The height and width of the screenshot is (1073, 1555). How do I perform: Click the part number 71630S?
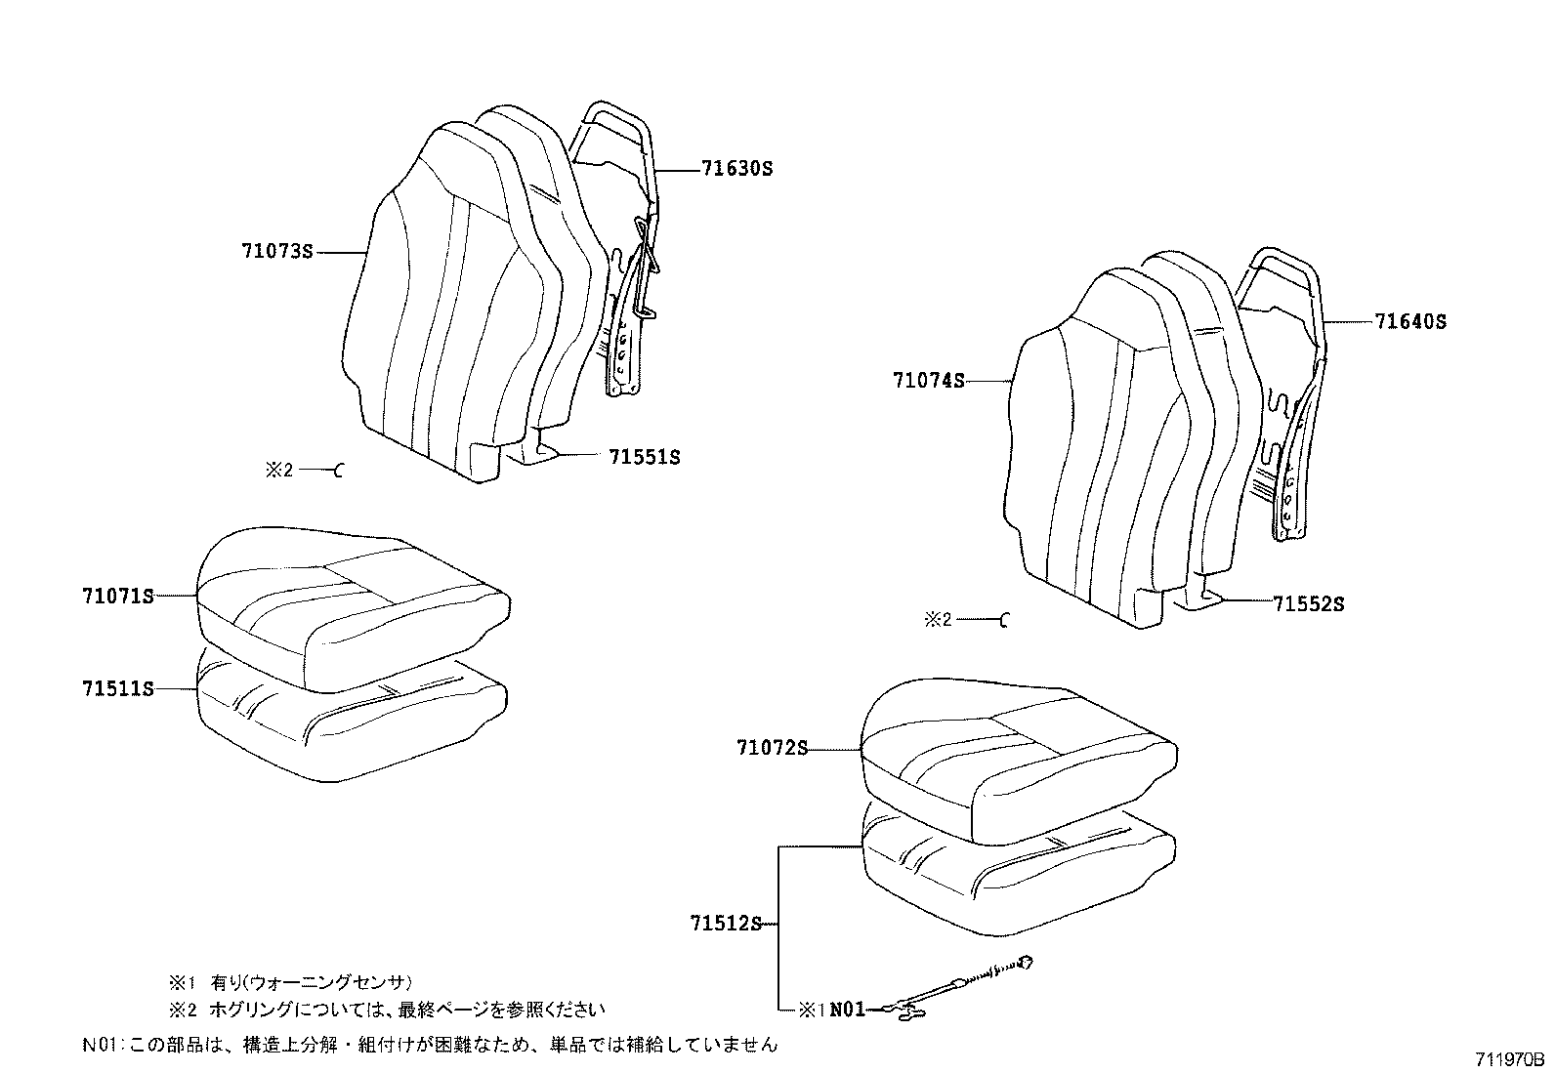tap(736, 169)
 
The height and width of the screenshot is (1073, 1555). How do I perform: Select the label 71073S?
tap(277, 252)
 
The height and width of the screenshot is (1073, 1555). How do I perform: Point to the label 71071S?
tap(118, 595)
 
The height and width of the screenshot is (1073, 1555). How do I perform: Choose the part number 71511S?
tap(118, 688)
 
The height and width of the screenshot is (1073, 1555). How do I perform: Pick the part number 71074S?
tap(928, 380)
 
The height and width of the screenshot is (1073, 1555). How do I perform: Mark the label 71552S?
tap(1309, 604)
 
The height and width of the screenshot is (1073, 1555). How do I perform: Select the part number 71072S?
tap(773, 749)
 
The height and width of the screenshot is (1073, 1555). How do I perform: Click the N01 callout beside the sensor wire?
tap(848, 1011)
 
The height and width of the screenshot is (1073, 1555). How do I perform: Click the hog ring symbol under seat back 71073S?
tap(340, 471)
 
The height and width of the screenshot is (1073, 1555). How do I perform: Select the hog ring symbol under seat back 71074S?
tap(1005, 620)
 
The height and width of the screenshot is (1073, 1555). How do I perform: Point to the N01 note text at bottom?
tap(430, 1045)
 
